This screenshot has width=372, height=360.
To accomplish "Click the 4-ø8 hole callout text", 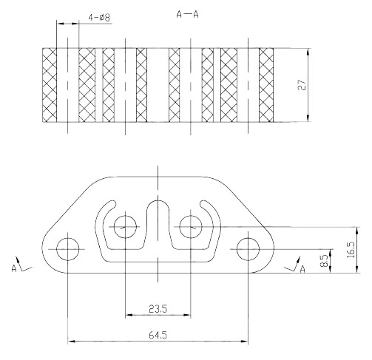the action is coord(99,18).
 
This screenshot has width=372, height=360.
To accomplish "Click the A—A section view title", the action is coord(187,15).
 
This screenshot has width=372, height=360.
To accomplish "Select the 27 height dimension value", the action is coord(302,85).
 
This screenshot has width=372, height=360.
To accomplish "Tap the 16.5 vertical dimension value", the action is coord(351,250).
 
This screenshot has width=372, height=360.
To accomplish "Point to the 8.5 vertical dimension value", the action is coord(324,261).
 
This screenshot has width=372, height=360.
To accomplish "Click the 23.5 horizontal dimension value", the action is coord(158,309).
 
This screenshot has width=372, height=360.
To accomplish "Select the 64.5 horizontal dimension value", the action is coord(158,335).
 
